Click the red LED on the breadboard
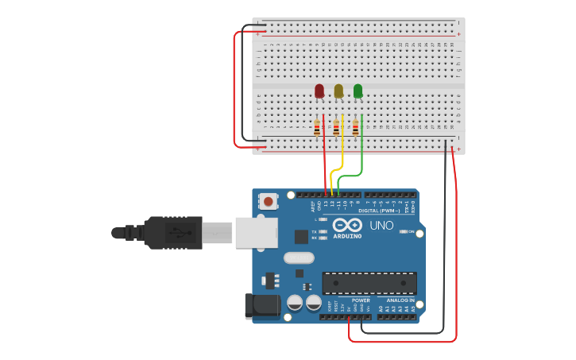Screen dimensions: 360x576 click(319, 91)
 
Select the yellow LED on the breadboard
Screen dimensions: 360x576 click(338, 91)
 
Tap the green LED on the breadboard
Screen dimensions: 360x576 click(358, 91)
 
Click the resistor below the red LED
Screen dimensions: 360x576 click(317, 127)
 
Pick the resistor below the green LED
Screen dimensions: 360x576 click(355, 127)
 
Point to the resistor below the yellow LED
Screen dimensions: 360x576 click(336, 127)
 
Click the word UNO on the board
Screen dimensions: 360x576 click(381, 226)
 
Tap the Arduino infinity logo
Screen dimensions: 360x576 click(347, 225)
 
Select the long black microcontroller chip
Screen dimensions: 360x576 click(369, 283)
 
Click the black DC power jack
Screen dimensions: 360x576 click(261, 306)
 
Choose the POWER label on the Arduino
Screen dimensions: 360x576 click(361, 300)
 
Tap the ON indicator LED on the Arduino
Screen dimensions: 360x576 click(404, 232)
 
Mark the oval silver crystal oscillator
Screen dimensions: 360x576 click(300, 257)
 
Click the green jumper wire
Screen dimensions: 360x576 click(361, 155)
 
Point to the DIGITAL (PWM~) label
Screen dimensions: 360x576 click(379, 211)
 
